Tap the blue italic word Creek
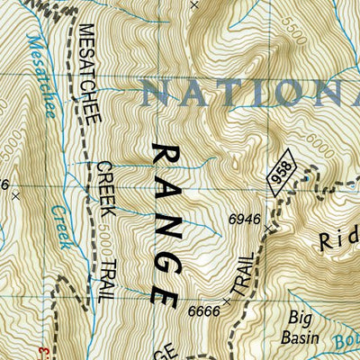coord(60,217)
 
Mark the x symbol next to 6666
coord(225,302)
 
